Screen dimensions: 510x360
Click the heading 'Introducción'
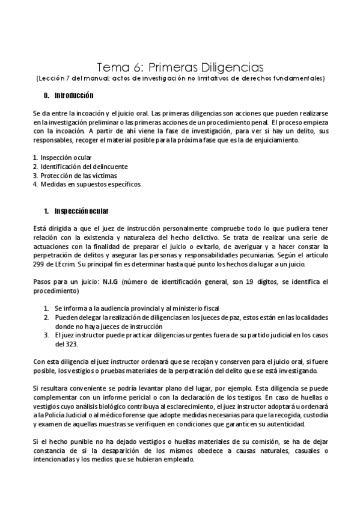(74, 96)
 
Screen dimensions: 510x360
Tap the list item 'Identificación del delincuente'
(84, 166)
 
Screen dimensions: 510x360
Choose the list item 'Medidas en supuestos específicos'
(90, 184)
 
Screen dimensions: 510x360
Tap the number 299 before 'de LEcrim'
(38, 265)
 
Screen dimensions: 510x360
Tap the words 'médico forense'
(121, 415)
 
